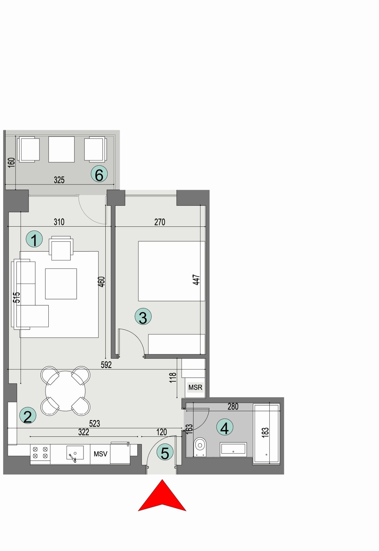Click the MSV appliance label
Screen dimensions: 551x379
pyautogui.click(x=100, y=454)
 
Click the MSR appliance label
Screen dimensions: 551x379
pyautogui.click(x=195, y=387)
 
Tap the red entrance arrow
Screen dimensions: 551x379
pyautogui.click(x=162, y=497)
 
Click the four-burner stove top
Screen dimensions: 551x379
pyautogui.click(x=40, y=452)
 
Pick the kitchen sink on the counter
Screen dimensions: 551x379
pyautogui.click(x=75, y=453)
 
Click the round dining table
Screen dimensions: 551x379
pyautogui.click(x=65, y=391)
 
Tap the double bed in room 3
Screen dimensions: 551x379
pyautogui.click(x=171, y=271)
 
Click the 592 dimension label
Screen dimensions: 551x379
pyautogui.click(x=106, y=364)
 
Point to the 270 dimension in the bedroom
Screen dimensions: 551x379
pyautogui.click(x=160, y=222)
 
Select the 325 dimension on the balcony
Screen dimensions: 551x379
pyautogui.click(x=59, y=180)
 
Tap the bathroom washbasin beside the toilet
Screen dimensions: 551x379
pyautogui.click(x=233, y=449)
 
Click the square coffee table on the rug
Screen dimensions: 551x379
pyautogui.click(x=61, y=284)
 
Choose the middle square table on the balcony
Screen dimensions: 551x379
pyautogui.click(x=61, y=149)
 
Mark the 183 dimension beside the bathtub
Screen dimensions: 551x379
pyautogui.click(x=265, y=432)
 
